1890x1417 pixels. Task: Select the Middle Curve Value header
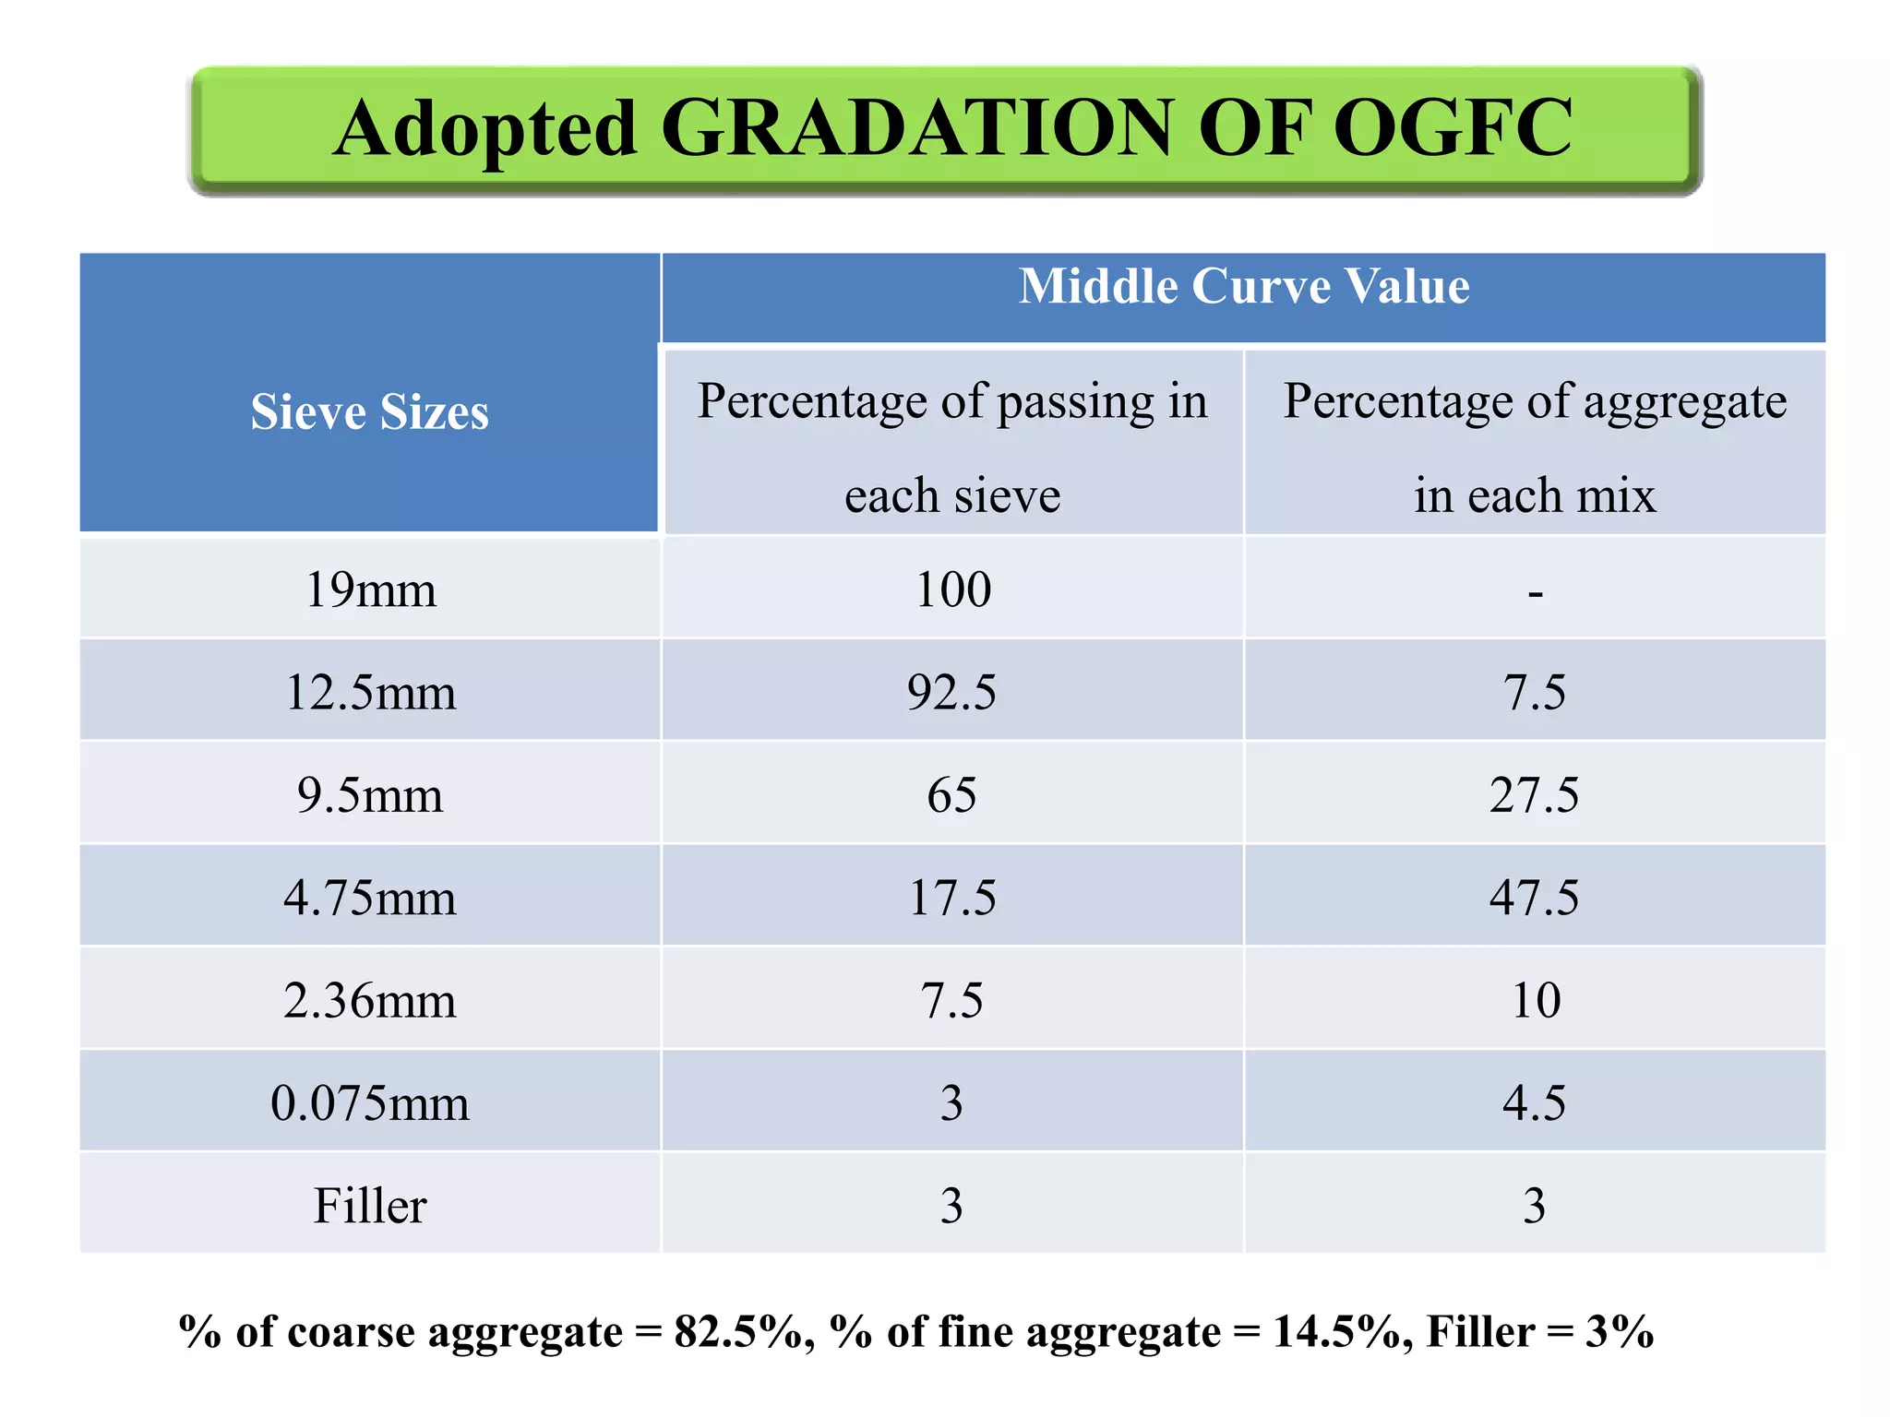click(x=1243, y=286)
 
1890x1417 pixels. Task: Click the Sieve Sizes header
click(x=369, y=411)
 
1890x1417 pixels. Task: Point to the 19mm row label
click(x=370, y=589)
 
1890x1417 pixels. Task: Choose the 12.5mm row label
click(x=370, y=692)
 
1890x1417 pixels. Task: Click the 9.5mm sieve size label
click(x=370, y=795)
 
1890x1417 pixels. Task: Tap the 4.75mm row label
click(x=370, y=898)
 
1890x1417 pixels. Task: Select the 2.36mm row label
click(x=370, y=1001)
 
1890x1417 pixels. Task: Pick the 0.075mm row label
click(x=370, y=1103)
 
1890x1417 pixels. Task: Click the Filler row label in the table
click(x=370, y=1206)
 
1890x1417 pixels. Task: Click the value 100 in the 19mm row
click(x=952, y=589)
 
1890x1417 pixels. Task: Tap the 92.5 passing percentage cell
click(x=951, y=692)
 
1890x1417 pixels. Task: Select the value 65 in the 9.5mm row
click(x=951, y=795)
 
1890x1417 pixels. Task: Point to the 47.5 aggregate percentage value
click(x=1534, y=898)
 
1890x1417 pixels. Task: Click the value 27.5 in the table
click(x=1534, y=795)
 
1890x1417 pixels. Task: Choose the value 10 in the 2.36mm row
click(x=1536, y=1001)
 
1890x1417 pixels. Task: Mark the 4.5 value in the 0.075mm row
click(x=1534, y=1103)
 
